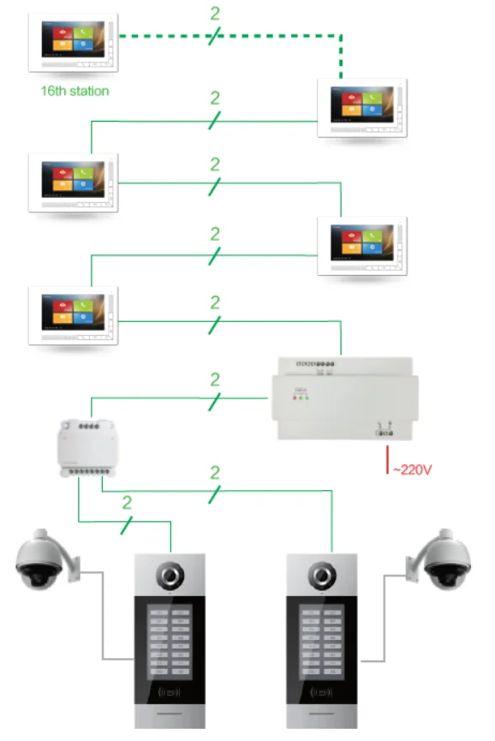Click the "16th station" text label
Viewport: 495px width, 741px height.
coord(75,90)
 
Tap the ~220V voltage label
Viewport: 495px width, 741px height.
coord(412,469)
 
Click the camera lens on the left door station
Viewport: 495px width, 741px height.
coord(170,576)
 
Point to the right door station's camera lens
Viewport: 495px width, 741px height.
coord(322,576)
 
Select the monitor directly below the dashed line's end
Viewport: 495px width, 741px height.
coord(361,108)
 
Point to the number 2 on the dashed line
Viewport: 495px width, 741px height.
coord(215,15)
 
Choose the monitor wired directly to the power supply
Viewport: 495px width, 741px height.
coord(73,317)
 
